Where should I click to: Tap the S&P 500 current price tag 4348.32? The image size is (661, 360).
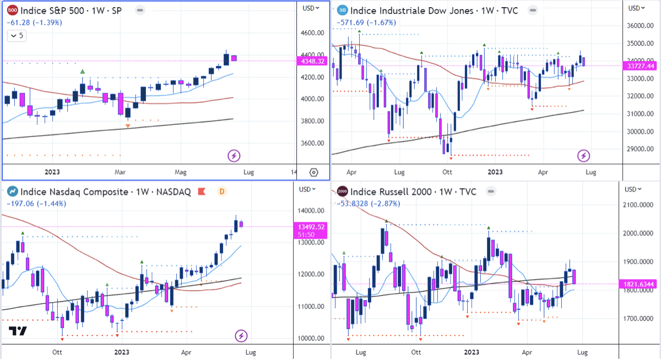pos(314,61)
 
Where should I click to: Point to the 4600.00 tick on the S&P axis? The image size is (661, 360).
pos(312,33)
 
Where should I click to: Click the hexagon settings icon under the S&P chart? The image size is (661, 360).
pos(313,172)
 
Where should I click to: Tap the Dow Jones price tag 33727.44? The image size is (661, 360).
pos(643,66)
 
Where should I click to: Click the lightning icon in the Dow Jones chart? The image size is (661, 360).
pos(583,156)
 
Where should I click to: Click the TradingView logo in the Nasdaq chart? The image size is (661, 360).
pos(18,331)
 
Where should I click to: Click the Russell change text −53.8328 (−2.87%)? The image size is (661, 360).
pos(367,204)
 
